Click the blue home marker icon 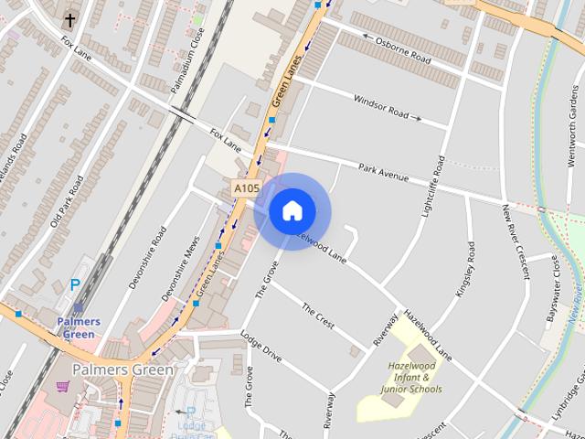(x=292, y=211)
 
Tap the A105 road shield (x=242, y=187)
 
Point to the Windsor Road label (x=381, y=106)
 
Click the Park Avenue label (x=382, y=172)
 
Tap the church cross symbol (x=70, y=19)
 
